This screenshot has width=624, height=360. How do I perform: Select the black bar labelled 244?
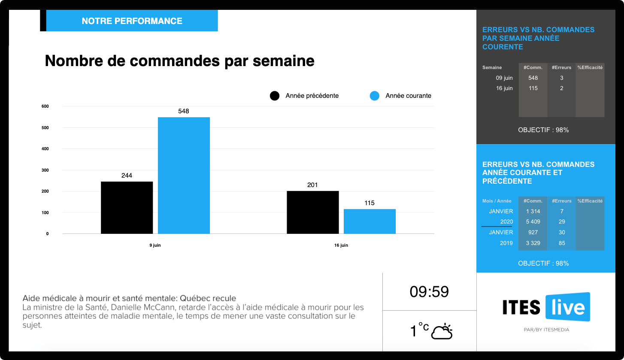point(127,208)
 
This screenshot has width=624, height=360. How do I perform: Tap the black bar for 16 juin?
point(312,212)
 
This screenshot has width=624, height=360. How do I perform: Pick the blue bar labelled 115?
point(370,221)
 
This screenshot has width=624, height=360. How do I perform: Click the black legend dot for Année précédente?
point(275,96)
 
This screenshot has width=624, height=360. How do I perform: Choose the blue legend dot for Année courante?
point(375,96)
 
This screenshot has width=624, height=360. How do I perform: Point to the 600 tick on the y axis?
point(45,106)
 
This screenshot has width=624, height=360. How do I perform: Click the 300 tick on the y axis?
point(45,170)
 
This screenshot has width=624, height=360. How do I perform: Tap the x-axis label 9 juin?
point(155,245)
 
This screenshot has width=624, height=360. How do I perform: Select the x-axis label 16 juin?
point(341,245)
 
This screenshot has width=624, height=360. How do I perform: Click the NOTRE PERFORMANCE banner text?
point(132,21)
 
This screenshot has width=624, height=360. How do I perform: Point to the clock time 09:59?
point(429,292)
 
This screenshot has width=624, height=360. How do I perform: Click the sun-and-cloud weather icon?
point(442,331)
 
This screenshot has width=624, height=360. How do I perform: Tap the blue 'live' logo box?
point(567,307)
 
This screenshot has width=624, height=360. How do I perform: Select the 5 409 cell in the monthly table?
point(533,222)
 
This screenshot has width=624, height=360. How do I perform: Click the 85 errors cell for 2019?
point(562,243)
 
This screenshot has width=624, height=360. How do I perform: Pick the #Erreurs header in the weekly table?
point(561,67)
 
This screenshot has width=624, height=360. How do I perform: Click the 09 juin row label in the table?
point(504,78)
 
